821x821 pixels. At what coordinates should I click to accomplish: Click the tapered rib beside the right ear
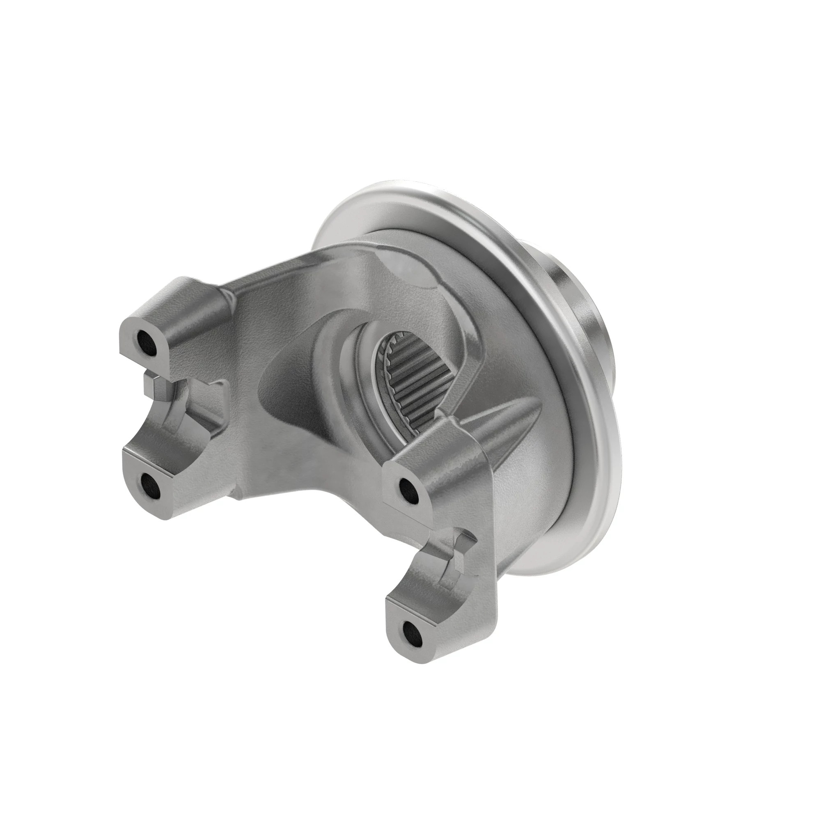coord(506,433)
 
